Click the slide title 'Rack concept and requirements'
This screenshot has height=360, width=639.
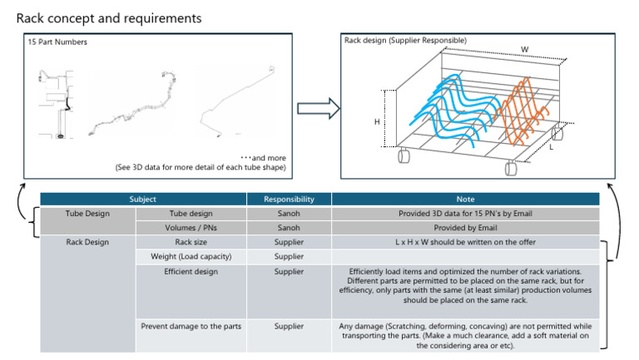coord(108,17)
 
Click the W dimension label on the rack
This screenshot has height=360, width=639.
coord(524,50)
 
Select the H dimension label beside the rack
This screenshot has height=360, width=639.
coord(377,121)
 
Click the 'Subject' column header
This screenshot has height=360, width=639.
coord(143,200)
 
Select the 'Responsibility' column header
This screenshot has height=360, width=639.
coord(289,200)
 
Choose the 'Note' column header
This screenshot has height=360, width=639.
coord(465,200)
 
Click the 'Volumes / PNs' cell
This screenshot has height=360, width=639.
coord(191,228)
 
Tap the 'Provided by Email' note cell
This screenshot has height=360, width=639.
coord(465,228)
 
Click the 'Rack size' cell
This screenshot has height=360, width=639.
coord(191,242)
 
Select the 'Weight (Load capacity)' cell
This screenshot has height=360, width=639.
coord(191,256)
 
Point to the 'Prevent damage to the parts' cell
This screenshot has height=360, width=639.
coord(191,326)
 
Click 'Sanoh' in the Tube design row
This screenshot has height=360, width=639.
coord(289,214)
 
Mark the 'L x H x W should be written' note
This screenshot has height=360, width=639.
coord(465,242)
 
